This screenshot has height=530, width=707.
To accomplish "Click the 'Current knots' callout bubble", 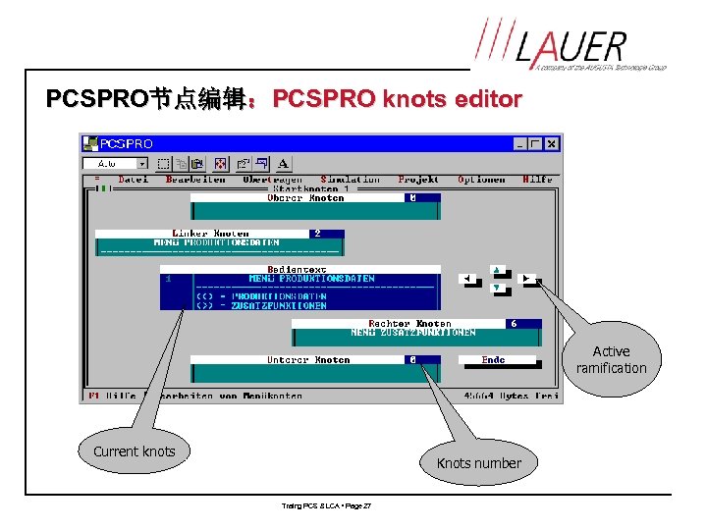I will tap(134, 451).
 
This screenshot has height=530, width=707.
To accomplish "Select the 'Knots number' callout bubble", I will tap(478, 463).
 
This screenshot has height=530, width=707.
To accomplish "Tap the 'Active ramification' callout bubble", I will tap(611, 359).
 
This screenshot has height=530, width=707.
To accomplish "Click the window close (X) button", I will tap(552, 143).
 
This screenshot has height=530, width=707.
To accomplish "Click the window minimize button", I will tap(519, 143).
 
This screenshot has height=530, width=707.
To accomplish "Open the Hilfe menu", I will tap(537, 180).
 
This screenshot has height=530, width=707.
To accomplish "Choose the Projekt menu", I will tap(418, 180).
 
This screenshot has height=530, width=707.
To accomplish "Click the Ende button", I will tap(493, 360).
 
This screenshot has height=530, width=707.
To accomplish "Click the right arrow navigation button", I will tap(527, 279).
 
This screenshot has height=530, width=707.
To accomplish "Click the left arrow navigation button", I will tap(467, 279).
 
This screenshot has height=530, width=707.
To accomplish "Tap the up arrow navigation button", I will tap(497, 269).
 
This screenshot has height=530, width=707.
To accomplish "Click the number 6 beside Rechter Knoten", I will tap(513, 323).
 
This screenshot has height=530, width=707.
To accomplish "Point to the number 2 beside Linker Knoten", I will tap(316, 234).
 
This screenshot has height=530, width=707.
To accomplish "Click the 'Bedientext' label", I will tap(292, 269).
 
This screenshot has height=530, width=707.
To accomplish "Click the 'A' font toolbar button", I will tap(284, 164).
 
